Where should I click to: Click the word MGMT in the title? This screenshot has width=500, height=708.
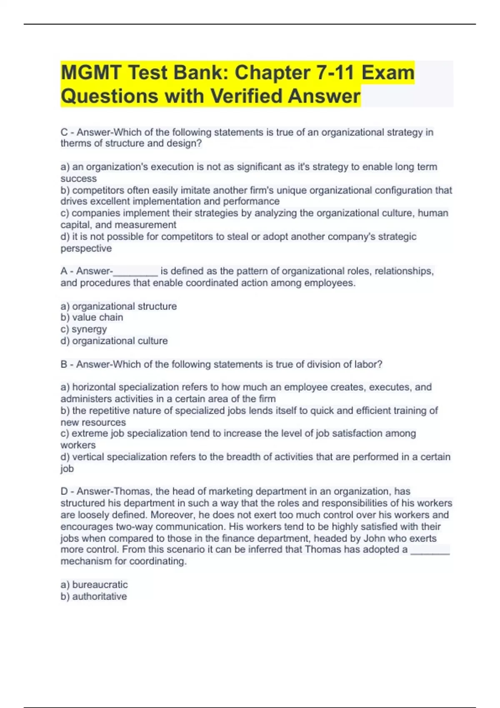(90, 73)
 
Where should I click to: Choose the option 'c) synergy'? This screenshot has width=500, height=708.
(84, 329)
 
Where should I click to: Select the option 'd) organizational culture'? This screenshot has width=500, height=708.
(114, 341)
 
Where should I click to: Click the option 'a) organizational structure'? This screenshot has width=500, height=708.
(119, 306)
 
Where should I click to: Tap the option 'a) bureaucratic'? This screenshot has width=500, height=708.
(94, 584)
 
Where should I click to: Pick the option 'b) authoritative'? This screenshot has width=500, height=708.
(94, 596)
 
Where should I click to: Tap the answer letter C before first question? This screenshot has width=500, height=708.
(64, 132)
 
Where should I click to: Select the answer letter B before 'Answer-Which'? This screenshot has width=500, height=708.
(64, 364)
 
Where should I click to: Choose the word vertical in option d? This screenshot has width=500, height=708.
(88, 457)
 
